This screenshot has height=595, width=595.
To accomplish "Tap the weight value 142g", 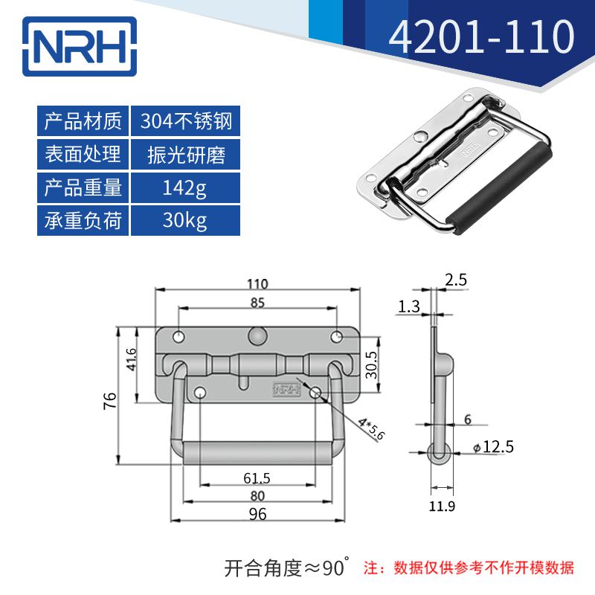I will (x=185, y=187).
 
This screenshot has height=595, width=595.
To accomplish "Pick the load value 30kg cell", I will (x=185, y=221).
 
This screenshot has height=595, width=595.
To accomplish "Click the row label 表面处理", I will (x=83, y=155).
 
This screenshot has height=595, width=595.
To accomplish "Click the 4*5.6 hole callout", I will (x=370, y=430).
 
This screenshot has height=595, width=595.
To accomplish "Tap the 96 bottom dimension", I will (x=257, y=514).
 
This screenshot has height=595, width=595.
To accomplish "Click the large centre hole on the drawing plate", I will (x=257, y=335).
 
